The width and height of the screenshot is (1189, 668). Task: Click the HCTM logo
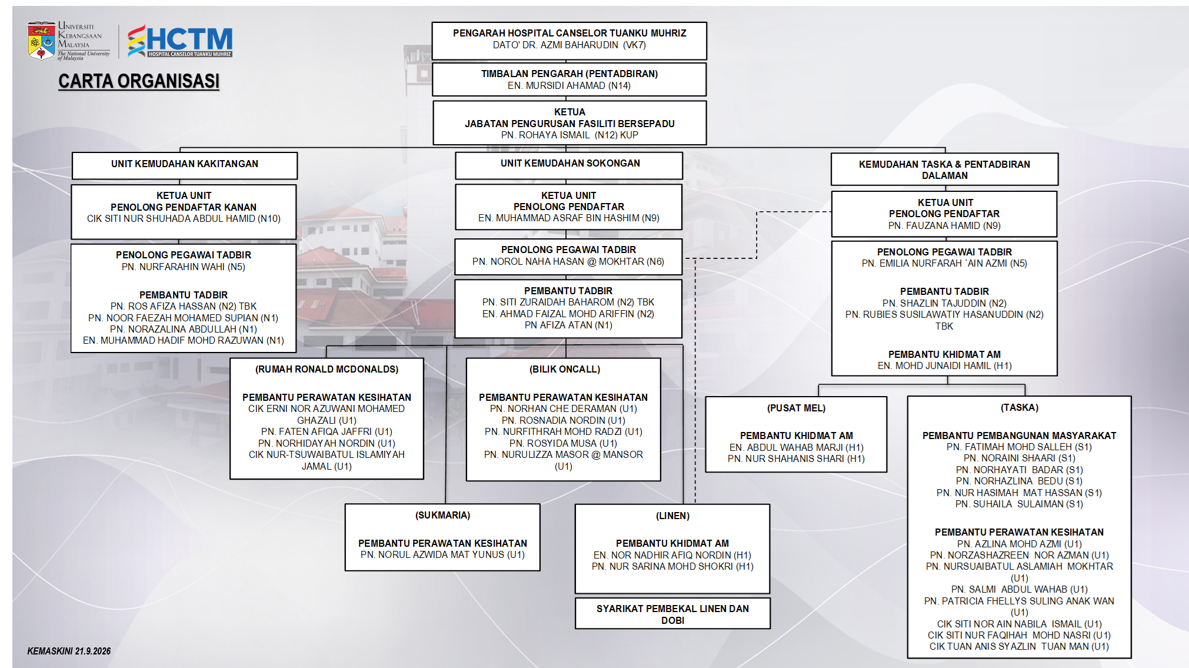(180, 41)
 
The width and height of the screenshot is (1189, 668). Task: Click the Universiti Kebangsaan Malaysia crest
(41, 41)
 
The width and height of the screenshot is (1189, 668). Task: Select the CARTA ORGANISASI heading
(139, 81)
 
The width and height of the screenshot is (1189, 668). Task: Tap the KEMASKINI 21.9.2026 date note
(69, 651)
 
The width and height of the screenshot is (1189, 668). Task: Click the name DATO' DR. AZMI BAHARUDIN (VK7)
(569, 45)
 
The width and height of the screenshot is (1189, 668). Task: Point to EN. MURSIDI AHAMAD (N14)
(569, 85)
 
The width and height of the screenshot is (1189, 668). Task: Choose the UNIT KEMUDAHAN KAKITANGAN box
(185, 165)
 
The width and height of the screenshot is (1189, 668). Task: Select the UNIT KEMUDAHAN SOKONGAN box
(569, 165)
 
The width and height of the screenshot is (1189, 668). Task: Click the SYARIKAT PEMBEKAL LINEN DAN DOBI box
(672, 614)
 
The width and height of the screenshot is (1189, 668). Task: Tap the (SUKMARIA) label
(442, 515)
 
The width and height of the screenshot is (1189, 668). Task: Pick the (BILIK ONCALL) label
(564, 369)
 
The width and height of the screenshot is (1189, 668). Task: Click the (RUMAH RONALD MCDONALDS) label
(327, 369)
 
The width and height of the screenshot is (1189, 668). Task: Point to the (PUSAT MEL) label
(796, 408)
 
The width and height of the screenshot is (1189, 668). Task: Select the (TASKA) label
(1019, 407)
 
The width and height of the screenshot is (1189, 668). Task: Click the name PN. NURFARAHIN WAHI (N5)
(183, 267)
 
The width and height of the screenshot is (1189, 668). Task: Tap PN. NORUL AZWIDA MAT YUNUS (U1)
(442, 554)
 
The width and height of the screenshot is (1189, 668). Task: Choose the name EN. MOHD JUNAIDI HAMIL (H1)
(944, 365)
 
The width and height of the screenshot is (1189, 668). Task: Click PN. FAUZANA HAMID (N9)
(944, 225)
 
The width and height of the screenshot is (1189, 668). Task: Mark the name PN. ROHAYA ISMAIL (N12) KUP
(569, 135)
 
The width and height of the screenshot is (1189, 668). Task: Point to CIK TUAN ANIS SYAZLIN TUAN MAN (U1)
(1019, 646)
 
